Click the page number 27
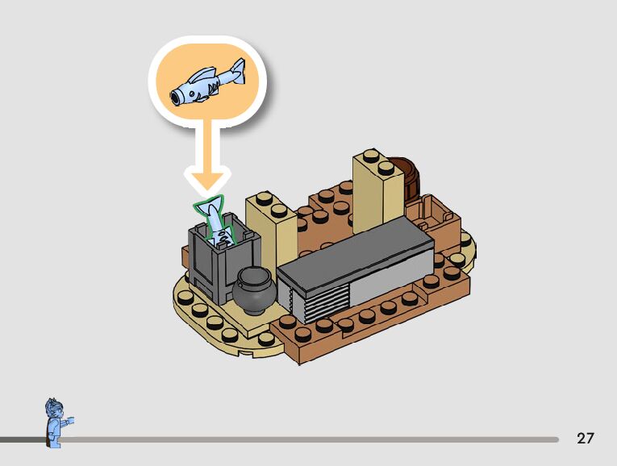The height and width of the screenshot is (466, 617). (586, 439)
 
